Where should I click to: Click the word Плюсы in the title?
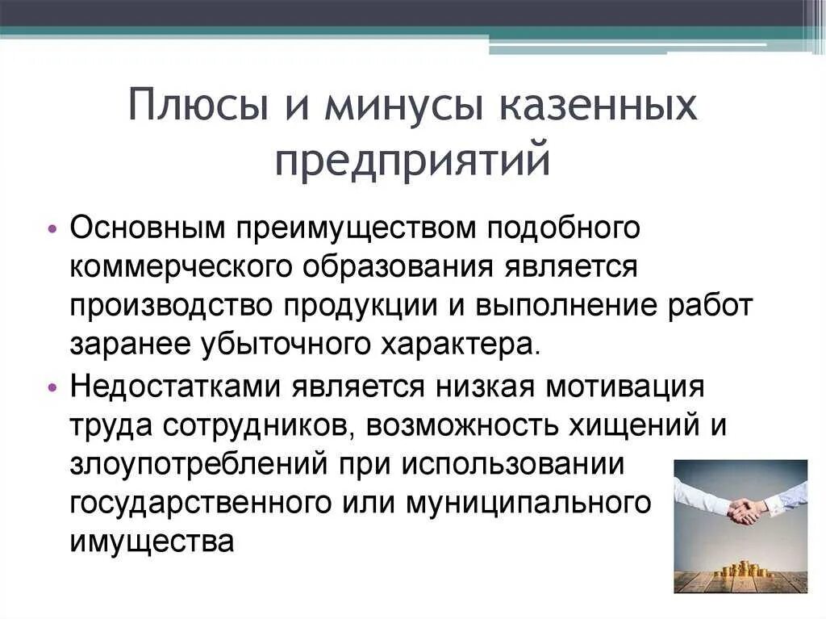[x=190, y=107]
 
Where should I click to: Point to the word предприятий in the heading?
[x=412, y=159]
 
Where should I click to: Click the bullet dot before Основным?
[x=52, y=229]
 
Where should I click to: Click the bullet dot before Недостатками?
[x=52, y=387]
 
